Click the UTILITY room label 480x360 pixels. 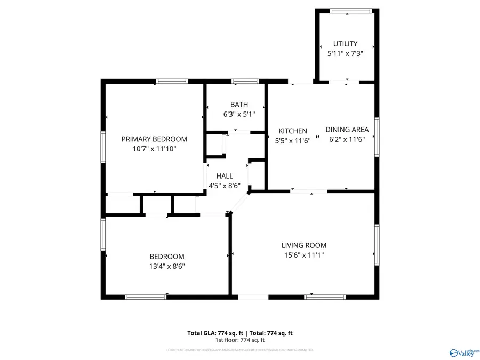[346, 44]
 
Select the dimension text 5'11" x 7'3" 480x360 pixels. [346, 53]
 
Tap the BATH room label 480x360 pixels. [239, 105]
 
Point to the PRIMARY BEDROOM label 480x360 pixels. [154, 139]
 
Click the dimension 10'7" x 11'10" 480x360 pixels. [154, 149]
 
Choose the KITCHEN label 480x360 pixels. [293, 131]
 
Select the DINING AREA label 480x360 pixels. [347, 130]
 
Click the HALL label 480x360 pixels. [224, 176]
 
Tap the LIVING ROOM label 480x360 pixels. [304, 245]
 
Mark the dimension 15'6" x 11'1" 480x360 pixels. [304, 255]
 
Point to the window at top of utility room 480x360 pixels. [350, 10]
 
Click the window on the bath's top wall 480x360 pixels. [245, 82]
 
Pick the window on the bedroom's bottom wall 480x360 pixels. [145, 297]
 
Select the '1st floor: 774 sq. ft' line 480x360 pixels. [240, 340]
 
